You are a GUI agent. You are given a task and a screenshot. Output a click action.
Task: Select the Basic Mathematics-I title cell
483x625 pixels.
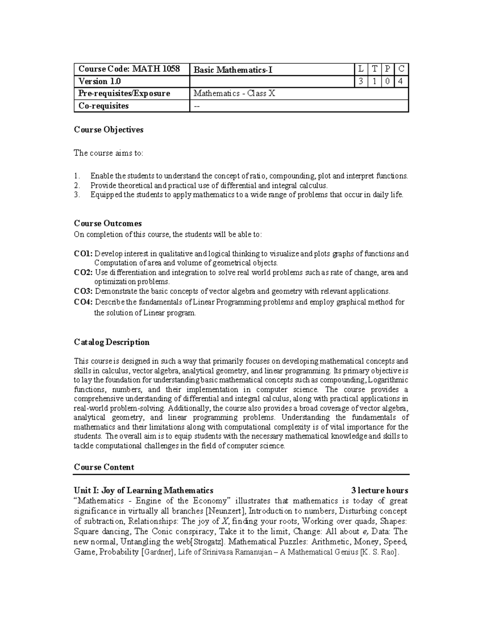coord(233,70)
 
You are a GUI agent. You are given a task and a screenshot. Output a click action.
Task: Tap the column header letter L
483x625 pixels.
coord(361,70)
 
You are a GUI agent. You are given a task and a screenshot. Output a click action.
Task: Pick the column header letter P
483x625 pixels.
coord(387,70)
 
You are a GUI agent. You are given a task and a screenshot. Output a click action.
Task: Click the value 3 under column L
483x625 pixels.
coord(361,82)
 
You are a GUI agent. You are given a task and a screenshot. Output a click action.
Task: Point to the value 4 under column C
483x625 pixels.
coord(401,82)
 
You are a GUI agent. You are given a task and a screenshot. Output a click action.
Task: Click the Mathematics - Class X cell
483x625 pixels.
coord(235,94)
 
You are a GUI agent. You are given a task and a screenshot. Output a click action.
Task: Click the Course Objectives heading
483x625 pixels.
coord(109,130)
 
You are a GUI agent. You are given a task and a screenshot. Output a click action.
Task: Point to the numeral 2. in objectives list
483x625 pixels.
coord(77,186)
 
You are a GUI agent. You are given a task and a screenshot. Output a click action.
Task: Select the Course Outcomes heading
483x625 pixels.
coord(108,223)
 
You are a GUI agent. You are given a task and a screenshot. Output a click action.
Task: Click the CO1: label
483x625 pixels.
coord(83,254)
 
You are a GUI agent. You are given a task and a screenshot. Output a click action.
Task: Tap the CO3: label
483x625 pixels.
coord(83,291)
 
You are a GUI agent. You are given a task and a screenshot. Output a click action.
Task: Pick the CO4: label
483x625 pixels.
coord(83,302)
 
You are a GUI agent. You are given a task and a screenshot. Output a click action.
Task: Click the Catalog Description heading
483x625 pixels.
coord(111,342)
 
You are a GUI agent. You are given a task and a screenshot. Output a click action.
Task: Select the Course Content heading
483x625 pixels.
coord(104,467)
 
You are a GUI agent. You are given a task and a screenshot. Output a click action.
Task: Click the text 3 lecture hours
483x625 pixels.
coord(380,491)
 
